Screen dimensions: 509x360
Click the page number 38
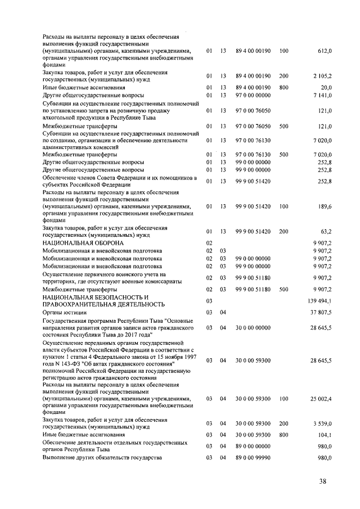pyautogui.click(x=322, y=480)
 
